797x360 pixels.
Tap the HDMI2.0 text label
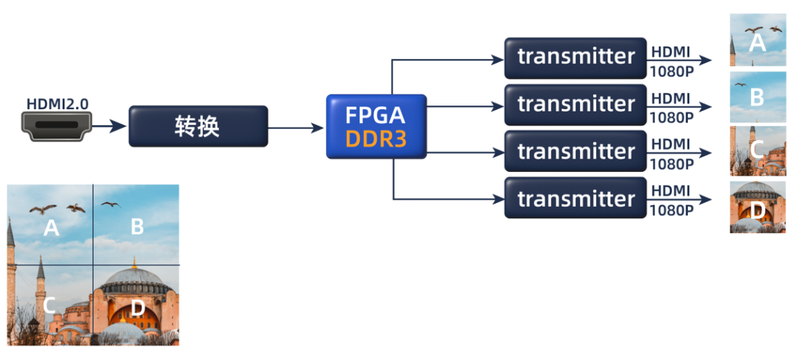click(58, 104)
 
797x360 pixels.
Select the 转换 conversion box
click(198, 126)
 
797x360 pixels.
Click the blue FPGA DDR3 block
click(376, 126)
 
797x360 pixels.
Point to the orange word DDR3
click(376, 139)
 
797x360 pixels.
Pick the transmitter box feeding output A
click(576, 58)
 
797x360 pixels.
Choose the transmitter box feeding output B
click(576, 104)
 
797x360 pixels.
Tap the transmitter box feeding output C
click(576, 151)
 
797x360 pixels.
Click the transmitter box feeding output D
click(576, 198)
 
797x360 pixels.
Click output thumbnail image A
click(757, 40)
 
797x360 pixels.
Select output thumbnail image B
click(757, 97)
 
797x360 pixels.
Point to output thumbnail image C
click(757, 150)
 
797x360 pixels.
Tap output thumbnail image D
click(757, 207)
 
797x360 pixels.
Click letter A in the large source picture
click(51, 228)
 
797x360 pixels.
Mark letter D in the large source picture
click(137, 309)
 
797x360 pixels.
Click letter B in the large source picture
click(137, 226)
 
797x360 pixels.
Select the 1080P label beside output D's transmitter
click(671, 210)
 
